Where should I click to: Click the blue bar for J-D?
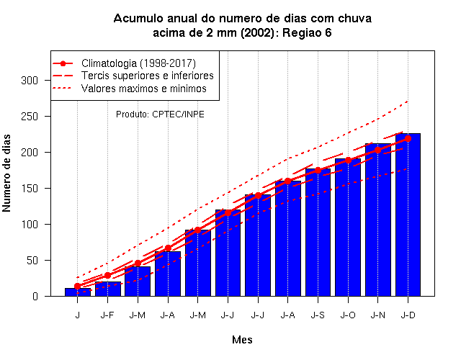pos(408,215)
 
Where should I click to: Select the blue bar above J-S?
pos(318,233)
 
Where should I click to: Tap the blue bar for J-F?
pos(107,289)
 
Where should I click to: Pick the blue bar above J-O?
pos(348,228)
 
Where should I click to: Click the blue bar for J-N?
pos(377,220)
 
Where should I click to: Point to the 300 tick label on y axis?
pos(30,80)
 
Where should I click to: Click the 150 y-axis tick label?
pos(30,189)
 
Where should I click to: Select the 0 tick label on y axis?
pos(35,296)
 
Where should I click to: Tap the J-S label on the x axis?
pos(318,315)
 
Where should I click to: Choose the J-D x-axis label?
pos(408,315)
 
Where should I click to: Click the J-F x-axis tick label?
pos(107,315)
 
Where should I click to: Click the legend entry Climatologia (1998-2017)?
pos(138,63)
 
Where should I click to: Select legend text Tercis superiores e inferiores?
pos(147,76)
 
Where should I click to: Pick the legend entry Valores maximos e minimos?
pos(144,88)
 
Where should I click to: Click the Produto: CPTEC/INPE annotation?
pos(160,114)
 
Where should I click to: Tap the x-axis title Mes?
pos(242,340)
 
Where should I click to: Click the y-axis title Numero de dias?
pos(6,174)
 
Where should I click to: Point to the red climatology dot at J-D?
pos(408,138)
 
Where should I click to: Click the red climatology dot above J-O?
pos(348,160)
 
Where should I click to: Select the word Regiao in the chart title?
pos(301,32)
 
